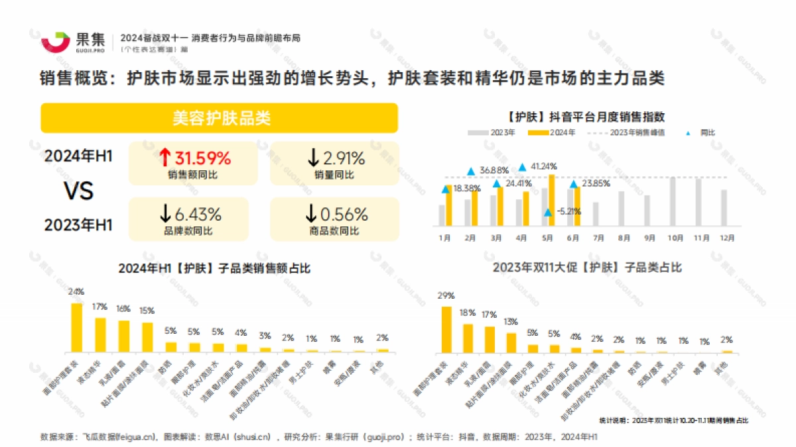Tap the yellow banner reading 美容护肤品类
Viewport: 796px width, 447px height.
pos(220,118)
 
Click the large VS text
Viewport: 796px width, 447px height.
pos(78,191)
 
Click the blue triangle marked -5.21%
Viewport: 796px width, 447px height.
pos(548,212)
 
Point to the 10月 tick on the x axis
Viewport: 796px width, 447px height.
pos(675,236)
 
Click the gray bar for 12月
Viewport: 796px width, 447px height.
pos(724,208)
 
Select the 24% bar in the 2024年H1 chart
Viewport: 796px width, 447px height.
pos(77,327)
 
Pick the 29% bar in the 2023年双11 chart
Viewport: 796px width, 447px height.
pos(446,328)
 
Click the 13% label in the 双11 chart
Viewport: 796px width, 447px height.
pos(511,322)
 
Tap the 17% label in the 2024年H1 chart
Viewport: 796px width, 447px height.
pos(100,307)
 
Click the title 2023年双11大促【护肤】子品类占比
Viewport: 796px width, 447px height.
pos(587,268)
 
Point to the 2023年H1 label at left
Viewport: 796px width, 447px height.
pos(78,226)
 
